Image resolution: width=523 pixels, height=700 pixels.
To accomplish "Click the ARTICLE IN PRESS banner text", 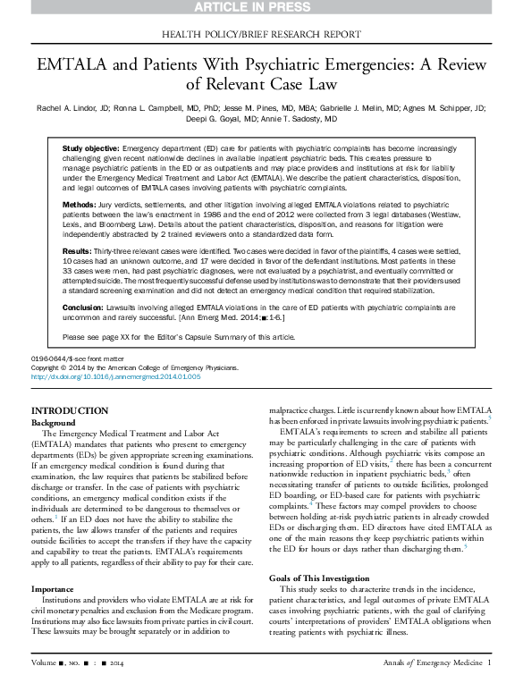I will (261, 7).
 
